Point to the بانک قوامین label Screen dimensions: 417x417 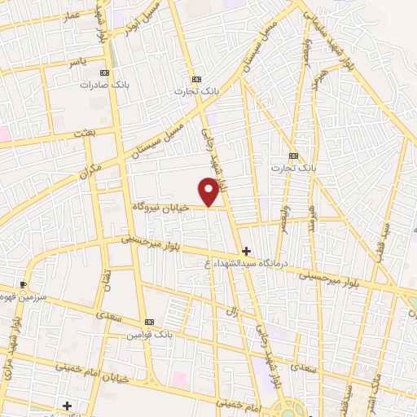tap(147, 335)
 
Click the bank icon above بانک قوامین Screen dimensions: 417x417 tap(147, 323)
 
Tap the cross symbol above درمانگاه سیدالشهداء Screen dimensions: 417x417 tap(246, 251)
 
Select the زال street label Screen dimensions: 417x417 tap(230, 313)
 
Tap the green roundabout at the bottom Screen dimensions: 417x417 tap(286, 407)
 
